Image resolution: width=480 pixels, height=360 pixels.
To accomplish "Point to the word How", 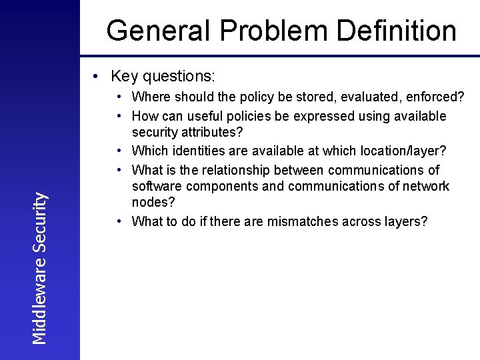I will click(144, 116).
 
